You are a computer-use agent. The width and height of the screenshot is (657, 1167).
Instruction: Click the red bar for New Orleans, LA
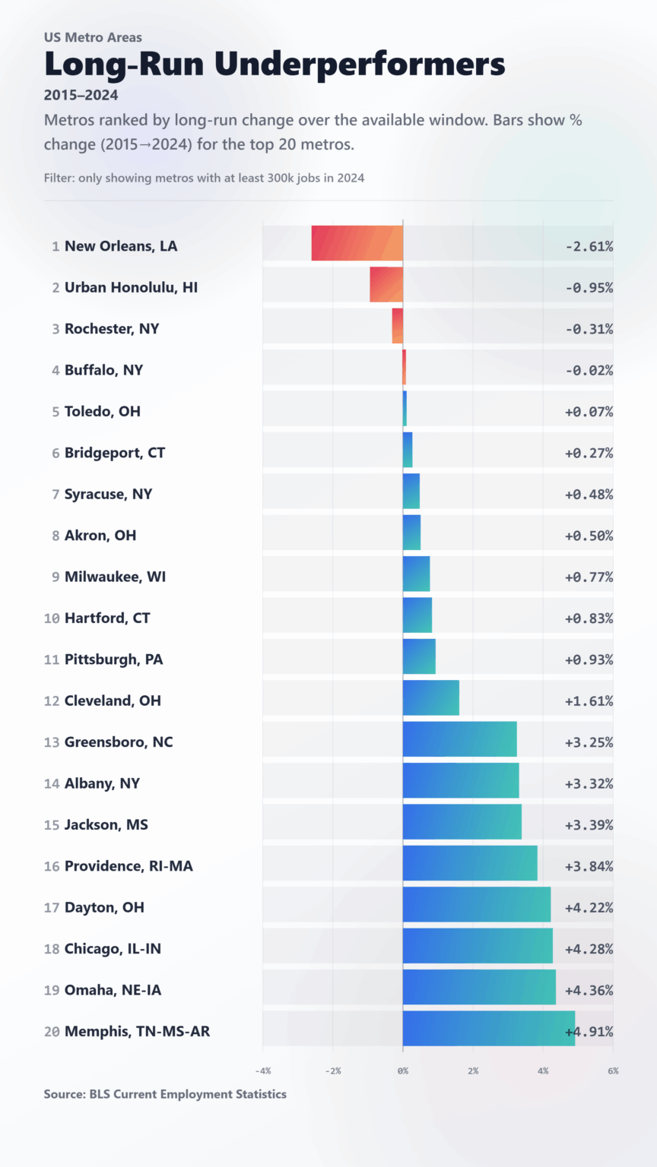pos(357,243)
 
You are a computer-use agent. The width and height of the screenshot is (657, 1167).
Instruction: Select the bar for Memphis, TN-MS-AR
pos(488,1028)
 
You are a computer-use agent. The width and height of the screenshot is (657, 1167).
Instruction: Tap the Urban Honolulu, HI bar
pos(386,284)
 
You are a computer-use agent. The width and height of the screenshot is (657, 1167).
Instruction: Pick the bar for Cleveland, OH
pos(430,697)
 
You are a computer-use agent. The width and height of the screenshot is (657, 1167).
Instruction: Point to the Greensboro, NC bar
pos(459,739)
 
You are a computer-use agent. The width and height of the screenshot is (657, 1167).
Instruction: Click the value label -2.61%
pos(589,246)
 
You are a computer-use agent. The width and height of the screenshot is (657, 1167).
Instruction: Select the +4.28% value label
pos(589,949)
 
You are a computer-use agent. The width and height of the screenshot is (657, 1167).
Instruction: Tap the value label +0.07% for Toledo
pos(589,412)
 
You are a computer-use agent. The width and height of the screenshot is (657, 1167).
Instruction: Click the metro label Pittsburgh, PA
pos(113,659)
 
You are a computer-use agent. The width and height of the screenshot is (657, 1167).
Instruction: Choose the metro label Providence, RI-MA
pos(129,866)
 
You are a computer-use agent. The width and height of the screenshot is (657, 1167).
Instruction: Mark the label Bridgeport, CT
pos(114,453)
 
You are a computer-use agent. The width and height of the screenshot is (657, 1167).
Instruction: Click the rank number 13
pos(52,742)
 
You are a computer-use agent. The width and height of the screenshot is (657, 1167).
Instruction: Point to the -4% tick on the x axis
pos(262,1071)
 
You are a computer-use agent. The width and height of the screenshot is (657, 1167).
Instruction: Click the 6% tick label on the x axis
pos(613,1071)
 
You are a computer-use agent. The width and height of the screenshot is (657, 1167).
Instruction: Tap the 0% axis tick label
pos(403,1071)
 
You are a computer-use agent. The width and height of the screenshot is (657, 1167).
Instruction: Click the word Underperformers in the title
pos(359,64)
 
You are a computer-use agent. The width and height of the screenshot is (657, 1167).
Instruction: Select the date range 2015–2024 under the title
pos(81,96)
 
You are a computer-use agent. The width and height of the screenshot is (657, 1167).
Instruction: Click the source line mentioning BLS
pos(165,1094)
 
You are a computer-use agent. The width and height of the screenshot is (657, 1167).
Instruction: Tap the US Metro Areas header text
pos(93,37)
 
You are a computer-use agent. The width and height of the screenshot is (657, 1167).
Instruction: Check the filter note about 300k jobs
pos(204,178)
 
